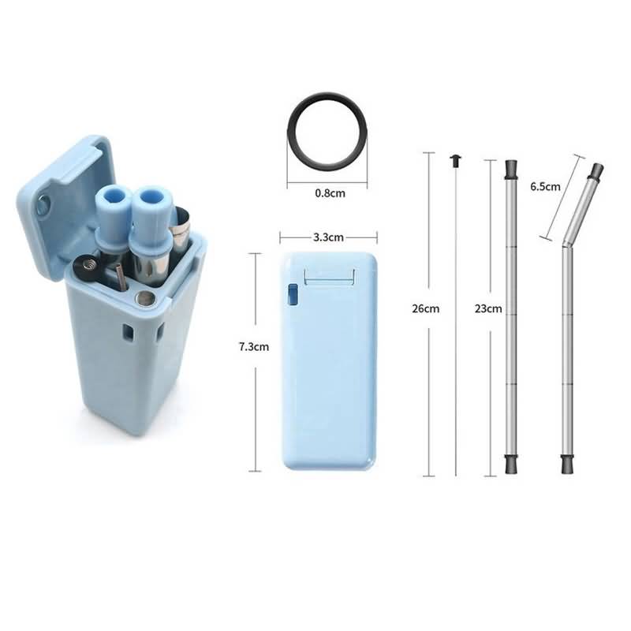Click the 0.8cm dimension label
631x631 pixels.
pyautogui.click(x=330, y=193)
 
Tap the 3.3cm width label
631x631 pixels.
pyautogui.click(x=328, y=237)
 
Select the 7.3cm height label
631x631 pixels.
pyautogui.click(x=254, y=346)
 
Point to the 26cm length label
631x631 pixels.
pyautogui.click(x=426, y=308)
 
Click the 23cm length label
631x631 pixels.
pyautogui.click(x=488, y=308)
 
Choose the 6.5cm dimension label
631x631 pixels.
pyautogui.click(x=545, y=186)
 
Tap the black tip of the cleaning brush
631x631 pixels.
pyautogui.click(x=456, y=161)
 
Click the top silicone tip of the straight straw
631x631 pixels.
pyautogui.click(x=511, y=170)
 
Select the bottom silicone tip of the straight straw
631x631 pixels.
pyautogui.click(x=511, y=464)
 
